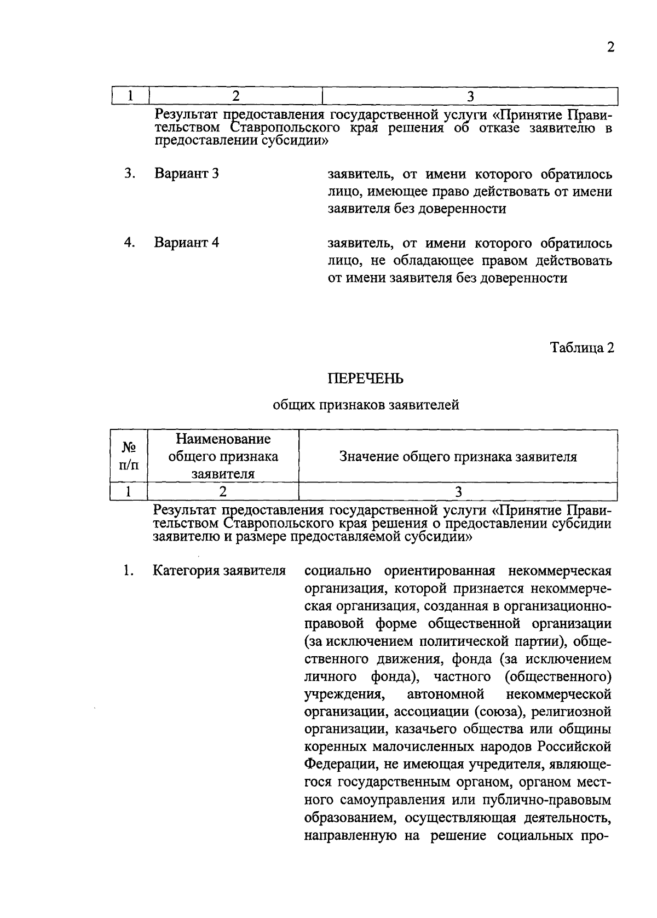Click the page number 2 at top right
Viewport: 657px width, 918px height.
(610, 47)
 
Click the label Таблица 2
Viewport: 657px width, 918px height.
(582, 348)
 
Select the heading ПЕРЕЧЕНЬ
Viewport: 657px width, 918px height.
(365, 378)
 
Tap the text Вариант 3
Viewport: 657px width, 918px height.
(187, 174)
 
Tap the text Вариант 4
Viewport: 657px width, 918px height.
(187, 242)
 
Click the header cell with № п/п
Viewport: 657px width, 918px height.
(129, 456)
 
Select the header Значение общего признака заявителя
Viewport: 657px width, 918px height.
(458, 456)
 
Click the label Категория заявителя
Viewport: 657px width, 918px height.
(220, 570)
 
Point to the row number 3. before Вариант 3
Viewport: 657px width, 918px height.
(129, 174)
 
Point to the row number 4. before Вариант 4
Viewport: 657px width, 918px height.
(129, 242)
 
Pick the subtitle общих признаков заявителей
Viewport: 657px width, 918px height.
(365, 405)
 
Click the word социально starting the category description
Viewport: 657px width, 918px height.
(337, 570)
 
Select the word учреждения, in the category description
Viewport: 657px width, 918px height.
(343, 695)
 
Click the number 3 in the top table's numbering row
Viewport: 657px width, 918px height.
(470, 96)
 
